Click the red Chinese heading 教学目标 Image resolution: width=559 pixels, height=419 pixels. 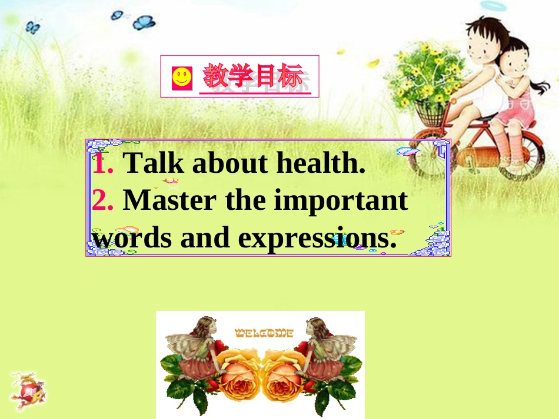pos(254,77)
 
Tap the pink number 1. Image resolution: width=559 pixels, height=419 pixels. pos(102,163)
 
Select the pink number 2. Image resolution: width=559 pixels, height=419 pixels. pos(102,200)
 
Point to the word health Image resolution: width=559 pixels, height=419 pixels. pos(321,163)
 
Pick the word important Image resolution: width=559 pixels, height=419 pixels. pos(341,202)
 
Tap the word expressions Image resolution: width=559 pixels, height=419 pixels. pos(313,238)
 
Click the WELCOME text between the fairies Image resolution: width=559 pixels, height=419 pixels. pos(264,333)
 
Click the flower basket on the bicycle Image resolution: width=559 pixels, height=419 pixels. pos(431,112)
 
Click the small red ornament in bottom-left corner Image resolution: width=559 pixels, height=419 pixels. pos(28,390)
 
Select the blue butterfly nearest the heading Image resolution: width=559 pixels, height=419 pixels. pos(144,22)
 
